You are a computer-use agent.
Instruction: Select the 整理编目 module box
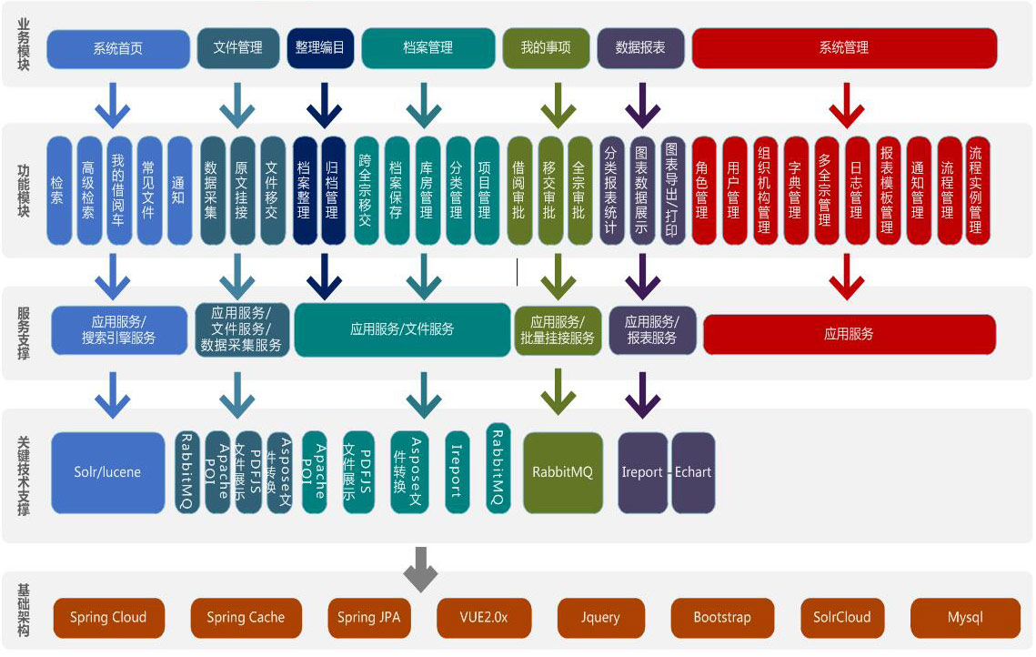click(320, 48)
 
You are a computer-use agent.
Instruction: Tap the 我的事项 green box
click(546, 48)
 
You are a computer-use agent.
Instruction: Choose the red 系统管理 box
click(844, 48)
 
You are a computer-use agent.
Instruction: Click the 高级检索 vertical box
click(87, 190)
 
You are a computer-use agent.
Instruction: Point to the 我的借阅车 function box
click(118, 190)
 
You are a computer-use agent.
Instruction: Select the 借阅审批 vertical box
click(518, 190)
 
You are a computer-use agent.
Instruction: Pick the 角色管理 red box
click(702, 190)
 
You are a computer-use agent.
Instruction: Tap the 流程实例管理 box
click(976, 190)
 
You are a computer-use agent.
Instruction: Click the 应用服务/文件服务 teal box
click(402, 329)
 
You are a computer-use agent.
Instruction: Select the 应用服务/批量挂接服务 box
click(558, 329)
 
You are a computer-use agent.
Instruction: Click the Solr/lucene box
click(107, 472)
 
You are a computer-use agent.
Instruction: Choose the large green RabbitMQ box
click(563, 472)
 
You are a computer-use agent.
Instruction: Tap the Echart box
click(693, 472)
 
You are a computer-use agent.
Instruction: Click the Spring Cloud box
click(108, 617)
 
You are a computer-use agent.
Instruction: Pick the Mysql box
click(965, 617)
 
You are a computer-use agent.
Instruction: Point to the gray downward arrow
click(420, 568)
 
